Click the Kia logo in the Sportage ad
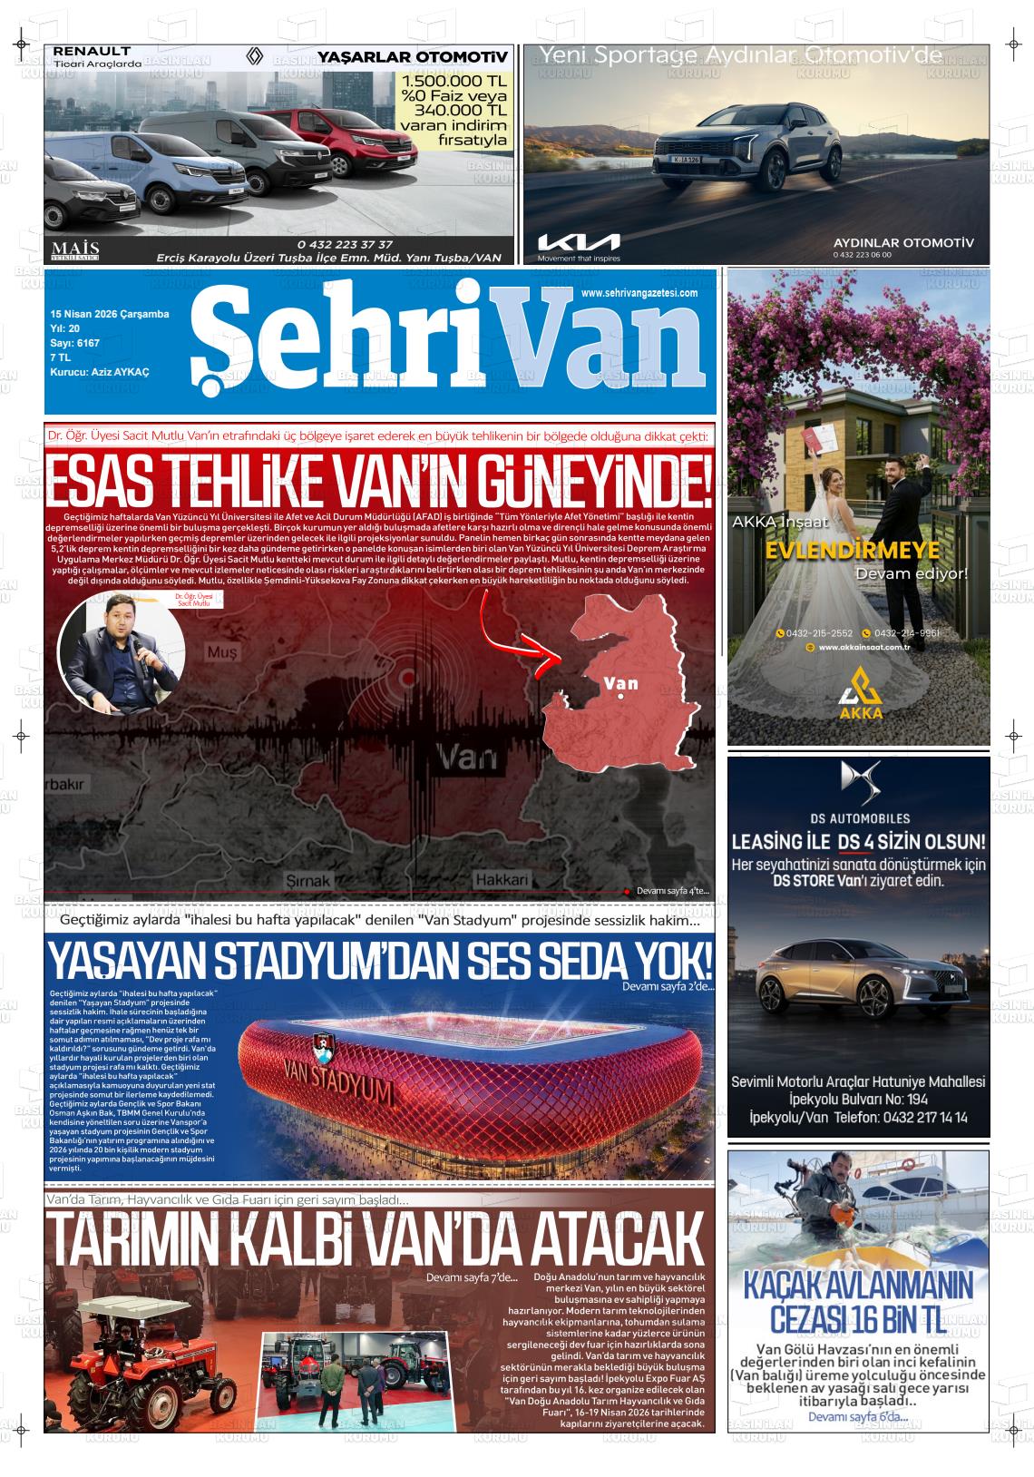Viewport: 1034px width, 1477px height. [579, 241]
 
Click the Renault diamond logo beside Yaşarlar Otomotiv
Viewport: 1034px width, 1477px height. [255, 58]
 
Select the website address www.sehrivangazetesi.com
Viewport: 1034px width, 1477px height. [639, 293]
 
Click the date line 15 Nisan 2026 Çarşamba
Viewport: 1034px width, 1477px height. [110, 314]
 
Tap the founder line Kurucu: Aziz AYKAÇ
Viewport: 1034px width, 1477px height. [100, 372]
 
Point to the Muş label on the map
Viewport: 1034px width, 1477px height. [221, 652]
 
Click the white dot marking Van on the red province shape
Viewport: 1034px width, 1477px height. [620, 698]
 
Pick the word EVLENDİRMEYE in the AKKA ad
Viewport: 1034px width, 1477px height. [852, 552]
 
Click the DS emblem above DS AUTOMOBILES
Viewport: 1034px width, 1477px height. [859, 778]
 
